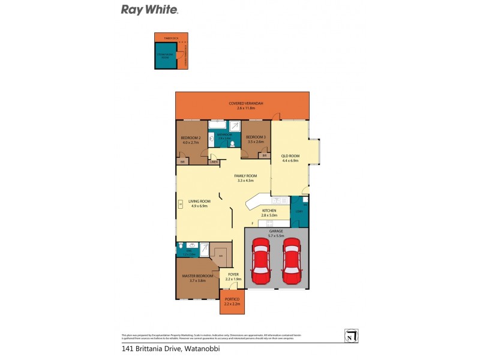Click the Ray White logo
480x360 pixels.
149,10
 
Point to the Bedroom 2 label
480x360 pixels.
190,138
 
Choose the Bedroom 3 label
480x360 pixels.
255,138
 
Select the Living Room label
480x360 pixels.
199,201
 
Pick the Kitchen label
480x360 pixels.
268,211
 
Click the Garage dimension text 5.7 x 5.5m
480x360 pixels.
277,235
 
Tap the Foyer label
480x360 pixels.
233,274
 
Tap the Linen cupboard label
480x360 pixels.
214,161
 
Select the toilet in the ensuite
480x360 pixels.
181,245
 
